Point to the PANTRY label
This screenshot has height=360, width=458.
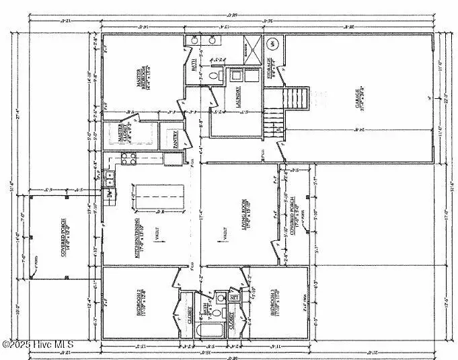coord(176,139)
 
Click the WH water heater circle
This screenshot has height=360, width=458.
coord(273,45)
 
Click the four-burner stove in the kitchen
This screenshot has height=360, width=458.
coord(128,158)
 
